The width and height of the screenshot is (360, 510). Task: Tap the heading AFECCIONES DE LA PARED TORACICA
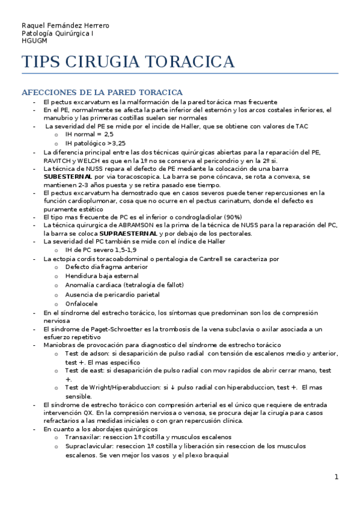pos(102,93)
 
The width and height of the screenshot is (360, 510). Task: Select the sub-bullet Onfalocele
pos(81,304)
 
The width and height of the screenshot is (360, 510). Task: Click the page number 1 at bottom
pos(337,476)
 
